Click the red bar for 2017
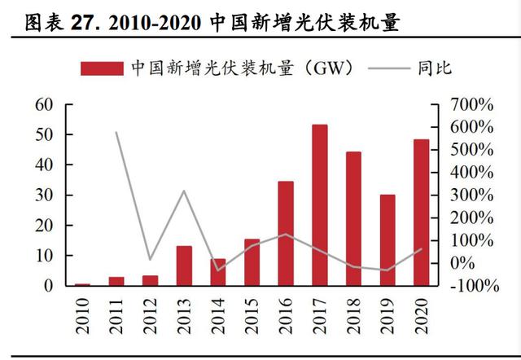point(320,205)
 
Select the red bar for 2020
point(421,213)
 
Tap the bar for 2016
point(286,234)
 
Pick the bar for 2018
point(353,218)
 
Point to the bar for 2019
point(387,240)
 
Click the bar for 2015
point(252,262)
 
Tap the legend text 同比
point(436,68)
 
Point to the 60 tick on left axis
point(43,104)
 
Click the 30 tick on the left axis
point(43,195)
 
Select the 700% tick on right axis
point(470,105)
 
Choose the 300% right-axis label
point(470,195)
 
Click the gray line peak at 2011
point(116,132)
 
